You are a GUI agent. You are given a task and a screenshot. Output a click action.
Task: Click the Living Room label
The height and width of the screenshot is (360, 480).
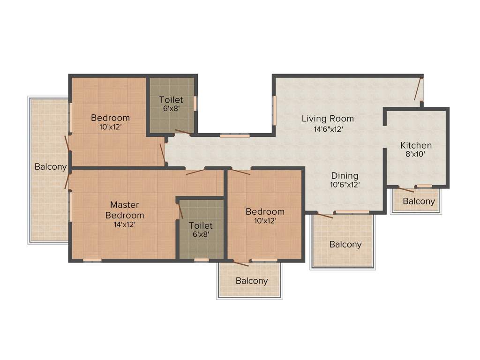coord(328,119)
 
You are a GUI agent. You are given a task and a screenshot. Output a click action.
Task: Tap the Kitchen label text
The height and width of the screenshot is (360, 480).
coord(416,145)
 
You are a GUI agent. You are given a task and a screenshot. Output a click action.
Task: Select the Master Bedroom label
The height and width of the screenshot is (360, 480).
coord(124,210)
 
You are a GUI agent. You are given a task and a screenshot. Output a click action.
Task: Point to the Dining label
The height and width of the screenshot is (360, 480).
coord(345,176)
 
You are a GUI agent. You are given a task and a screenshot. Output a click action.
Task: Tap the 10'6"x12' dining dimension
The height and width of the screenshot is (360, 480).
coord(344,185)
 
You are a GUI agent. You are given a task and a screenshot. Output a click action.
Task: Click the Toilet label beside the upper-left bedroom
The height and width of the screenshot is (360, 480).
coord(171,100)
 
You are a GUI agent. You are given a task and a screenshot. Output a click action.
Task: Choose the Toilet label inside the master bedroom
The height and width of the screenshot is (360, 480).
coord(201,226)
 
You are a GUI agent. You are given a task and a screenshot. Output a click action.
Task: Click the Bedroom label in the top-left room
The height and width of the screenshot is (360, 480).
coord(110,118)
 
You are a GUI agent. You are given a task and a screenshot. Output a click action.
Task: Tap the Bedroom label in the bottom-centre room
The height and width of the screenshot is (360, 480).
coord(265,212)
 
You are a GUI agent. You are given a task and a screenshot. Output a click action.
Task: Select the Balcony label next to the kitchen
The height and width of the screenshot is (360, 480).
coord(419,202)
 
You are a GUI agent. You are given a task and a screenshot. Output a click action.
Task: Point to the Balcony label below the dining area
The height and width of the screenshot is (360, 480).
coord(345,245)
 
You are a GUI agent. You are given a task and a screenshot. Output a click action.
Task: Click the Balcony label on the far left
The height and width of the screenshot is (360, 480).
coord(50,167)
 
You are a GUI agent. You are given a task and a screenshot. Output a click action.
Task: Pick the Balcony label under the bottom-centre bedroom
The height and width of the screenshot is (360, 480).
coord(252,281)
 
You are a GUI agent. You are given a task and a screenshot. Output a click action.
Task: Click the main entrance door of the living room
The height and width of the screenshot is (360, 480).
coord(419,89)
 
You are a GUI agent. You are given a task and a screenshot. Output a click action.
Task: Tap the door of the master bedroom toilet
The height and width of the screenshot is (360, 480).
coord(180,211)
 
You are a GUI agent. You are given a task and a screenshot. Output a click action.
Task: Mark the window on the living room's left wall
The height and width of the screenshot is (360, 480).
coord(275,111)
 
